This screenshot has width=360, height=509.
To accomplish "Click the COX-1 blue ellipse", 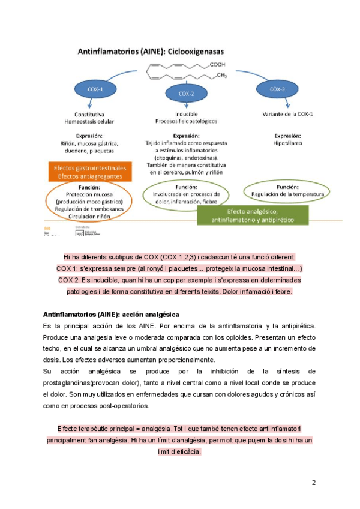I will pos(95,90).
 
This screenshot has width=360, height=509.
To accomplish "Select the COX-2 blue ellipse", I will pos(186,94).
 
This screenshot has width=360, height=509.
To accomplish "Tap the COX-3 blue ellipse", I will pos(277,90).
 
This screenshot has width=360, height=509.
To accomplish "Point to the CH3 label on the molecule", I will pos(221,76).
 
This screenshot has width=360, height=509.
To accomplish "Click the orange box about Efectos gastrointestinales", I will pos(90,172).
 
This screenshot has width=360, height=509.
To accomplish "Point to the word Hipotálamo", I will pos(288,144).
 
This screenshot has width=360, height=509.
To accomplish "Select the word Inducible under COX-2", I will pos(187,113).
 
